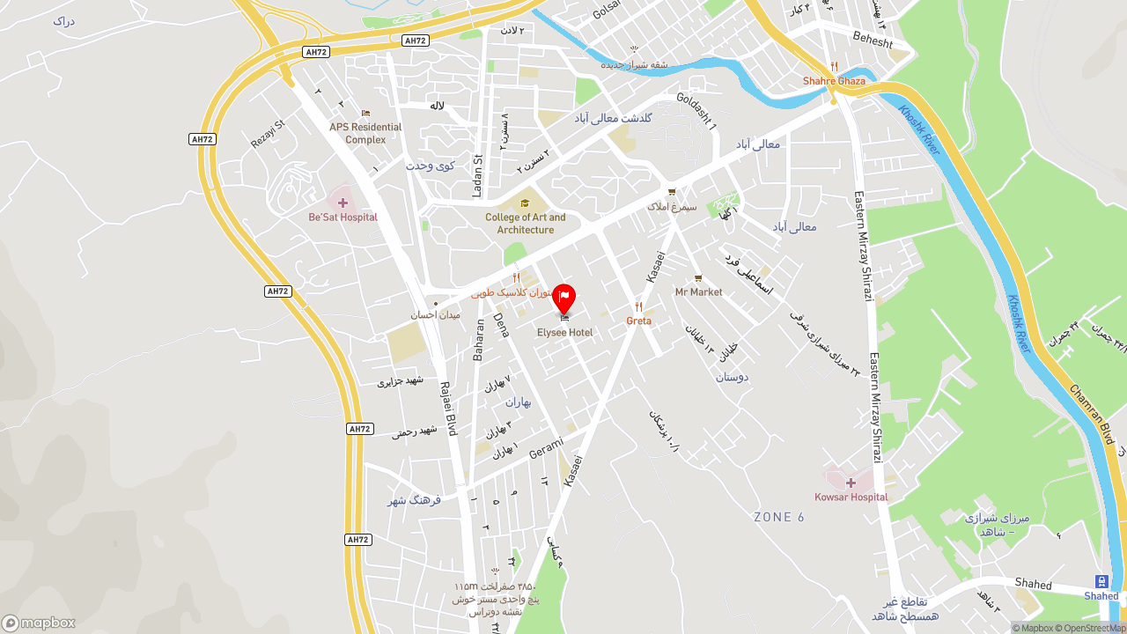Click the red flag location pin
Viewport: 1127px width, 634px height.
pyautogui.click(x=563, y=298)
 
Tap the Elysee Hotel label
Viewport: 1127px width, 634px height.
pyautogui.click(x=564, y=333)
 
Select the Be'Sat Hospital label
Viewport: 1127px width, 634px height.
pyautogui.click(x=343, y=217)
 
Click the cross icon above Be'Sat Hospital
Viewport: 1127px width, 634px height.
pyautogui.click(x=343, y=203)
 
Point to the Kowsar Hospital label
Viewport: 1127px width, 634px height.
pyautogui.click(x=851, y=498)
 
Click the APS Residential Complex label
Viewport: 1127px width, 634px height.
pyautogui.click(x=365, y=133)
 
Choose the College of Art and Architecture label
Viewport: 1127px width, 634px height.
pyautogui.click(x=526, y=224)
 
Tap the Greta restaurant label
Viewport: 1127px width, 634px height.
pyautogui.click(x=639, y=321)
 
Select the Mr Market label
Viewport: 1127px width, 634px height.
pyautogui.click(x=698, y=292)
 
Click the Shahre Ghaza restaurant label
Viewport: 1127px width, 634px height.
pyautogui.click(x=834, y=81)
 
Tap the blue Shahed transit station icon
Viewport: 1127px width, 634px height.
pyautogui.click(x=1101, y=581)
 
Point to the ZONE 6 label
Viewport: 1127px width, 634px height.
pyautogui.click(x=779, y=517)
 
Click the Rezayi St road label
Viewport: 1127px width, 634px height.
pyautogui.click(x=269, y=134)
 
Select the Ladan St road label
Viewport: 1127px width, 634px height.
pyautogui.click(x=478, y=175)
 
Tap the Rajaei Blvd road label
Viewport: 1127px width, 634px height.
pyautogui.click(x=448, y=409)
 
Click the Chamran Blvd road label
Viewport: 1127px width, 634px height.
pyautogui.click(x=1091, y=414)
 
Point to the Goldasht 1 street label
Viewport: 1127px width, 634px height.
pyautogui.click(x=696, y=112)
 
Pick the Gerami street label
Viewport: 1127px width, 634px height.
pyautogui.click(x=546, y=448)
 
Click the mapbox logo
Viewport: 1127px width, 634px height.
pyautogui.click(x=39, y=623)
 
